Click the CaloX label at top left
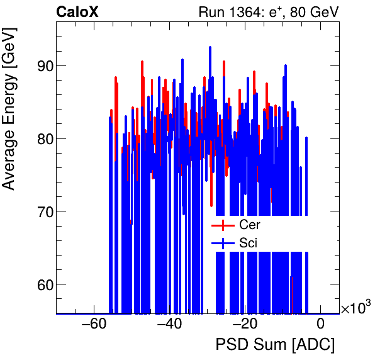click(77, 12)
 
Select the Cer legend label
click(250, 225)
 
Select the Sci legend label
click(249, 242)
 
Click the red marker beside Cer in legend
click(223, 225)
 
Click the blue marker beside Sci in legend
click(223, 242)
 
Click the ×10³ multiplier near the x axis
click(355, 308)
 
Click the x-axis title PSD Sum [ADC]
click(275, 345)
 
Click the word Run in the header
click(210, 12)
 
